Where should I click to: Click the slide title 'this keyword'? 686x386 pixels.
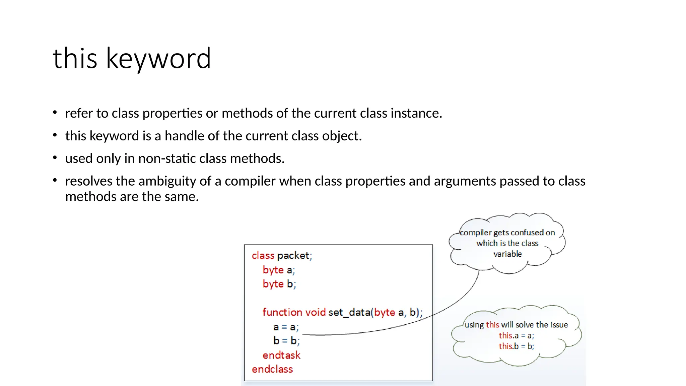[132, 59]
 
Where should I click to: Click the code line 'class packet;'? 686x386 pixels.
[282, 256]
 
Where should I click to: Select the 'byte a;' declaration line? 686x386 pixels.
[279, 270]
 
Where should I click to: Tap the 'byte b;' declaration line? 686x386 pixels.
[279, 284]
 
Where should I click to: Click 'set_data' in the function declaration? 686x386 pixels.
[349, 312]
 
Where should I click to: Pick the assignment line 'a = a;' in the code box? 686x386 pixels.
[286, 327]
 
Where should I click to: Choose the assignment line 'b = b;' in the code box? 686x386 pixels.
[286, 341]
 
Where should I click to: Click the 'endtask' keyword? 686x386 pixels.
[281, 355]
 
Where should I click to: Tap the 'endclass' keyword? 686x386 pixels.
[272, 369]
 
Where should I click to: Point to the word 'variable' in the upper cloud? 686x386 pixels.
[507, 254]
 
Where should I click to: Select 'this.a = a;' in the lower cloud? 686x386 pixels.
[516, 335]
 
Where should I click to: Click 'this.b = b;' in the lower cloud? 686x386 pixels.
[516, 346]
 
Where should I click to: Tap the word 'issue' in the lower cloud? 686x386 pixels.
[559, 325]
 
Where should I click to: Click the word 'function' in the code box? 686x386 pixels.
[282, 312]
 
